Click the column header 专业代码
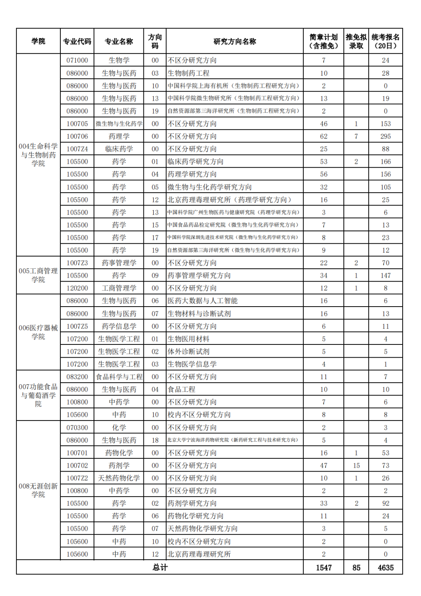(x=77, y=41)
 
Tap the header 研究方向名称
(x=235, y=41)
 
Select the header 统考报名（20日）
(x=385, y=41)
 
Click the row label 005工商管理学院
(x=38, y=275)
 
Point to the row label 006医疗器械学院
(x=38, y=332)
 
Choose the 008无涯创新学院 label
(x=38, y=490)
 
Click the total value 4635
(x=386, y=568)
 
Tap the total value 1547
(x=324, y=568)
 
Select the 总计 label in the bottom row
(x=160, y=568)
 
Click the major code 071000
(x=77, y=60)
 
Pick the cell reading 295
(x=386, y=137)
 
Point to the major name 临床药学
(x=119, y=149)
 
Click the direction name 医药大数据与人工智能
(x=203, y=301)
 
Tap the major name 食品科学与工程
(x=119, y=377)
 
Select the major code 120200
(x=77, y=288)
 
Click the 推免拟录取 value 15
(x=356, y=466)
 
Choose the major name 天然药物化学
(x=119, y=478)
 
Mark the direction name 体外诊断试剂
(x=189, y=351)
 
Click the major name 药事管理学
(x=119, y=263)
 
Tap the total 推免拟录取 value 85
(x=356, y=568)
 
